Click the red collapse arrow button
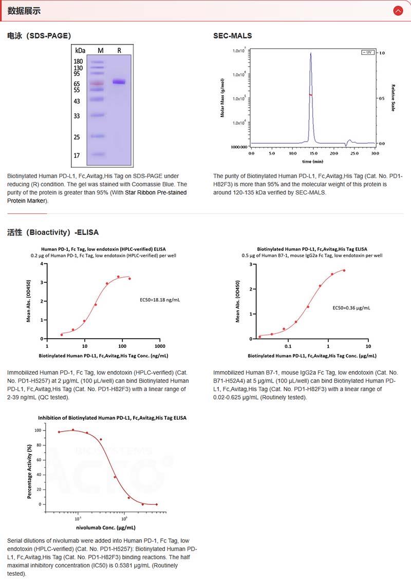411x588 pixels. (398, 10)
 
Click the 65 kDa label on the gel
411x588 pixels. (77, 84)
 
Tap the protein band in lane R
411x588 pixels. (119, 82)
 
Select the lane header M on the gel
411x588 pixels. (100, 50)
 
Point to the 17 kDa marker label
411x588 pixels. (77, 155)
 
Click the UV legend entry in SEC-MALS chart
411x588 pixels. (367, 52)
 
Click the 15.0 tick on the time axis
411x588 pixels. (313, 153)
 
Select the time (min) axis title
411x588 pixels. (312, 161)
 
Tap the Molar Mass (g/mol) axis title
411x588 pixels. (223, 97)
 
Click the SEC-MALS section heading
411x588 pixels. (233, 35)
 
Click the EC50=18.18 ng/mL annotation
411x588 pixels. (160, 299)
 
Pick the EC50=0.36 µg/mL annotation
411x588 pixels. (351, 308)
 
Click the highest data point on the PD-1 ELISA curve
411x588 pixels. (118, 277)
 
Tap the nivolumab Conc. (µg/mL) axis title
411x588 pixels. (106, 527)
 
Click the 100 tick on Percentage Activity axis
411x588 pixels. (37, 430)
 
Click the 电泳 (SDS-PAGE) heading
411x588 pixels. (39, 35)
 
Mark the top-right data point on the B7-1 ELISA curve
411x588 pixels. (344, 270)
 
